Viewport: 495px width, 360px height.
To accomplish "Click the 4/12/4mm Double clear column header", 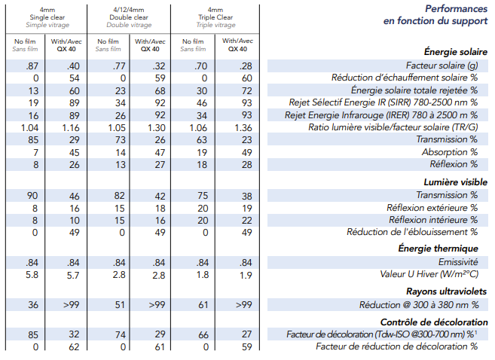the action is pyautogui.click(x=129, y=17).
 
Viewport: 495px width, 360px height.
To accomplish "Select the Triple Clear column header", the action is pyautogui.click(x=215, y=17).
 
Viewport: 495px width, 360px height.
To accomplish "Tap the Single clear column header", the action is pyautogui.click(x=47, y=17).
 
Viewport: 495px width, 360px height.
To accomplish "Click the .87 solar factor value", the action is pyautogui.click(x=32, y=66).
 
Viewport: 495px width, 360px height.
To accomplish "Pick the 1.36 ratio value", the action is pyautogui.click(x=243, y=128).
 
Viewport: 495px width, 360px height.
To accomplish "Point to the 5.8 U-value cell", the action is pyautogui.click(x=32, y=274).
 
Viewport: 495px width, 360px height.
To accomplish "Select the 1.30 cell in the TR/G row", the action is pyautogui.click(x=156, y=128).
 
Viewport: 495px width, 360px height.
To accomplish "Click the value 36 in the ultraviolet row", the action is pyautogui.click(x=33, y=305).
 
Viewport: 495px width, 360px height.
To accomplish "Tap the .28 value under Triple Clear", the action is pyautogui.click(x=246, y=66).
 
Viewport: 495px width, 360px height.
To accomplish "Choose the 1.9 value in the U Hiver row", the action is pyautogui.click(x=246, y=276).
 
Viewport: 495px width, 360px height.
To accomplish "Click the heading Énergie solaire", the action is pyautogui.click(x=456, y=52).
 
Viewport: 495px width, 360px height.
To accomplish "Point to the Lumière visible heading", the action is pyautogui.click(x=456, y=182).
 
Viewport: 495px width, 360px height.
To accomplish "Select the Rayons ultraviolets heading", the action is pyautogui.click(x=446, y=291).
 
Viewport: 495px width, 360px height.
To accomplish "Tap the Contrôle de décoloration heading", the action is pyautogui.click(x=434, y=322).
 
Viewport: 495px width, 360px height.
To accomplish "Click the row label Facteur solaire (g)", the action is pyautogui.click(x=442, y=66).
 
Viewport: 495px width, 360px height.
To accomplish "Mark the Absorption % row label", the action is pyautogui.click(x=450, y=152).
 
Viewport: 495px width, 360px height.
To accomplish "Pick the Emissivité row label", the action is pyautogui.click(x=458, y=262).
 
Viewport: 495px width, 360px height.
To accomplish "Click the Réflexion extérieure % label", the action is pyautogui.click(x=432, y=208).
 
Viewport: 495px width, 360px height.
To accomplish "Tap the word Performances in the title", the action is pyautogui.click(x=456, y=9).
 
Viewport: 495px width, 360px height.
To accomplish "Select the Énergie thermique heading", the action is pyautogui.click(x=438, y=249).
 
